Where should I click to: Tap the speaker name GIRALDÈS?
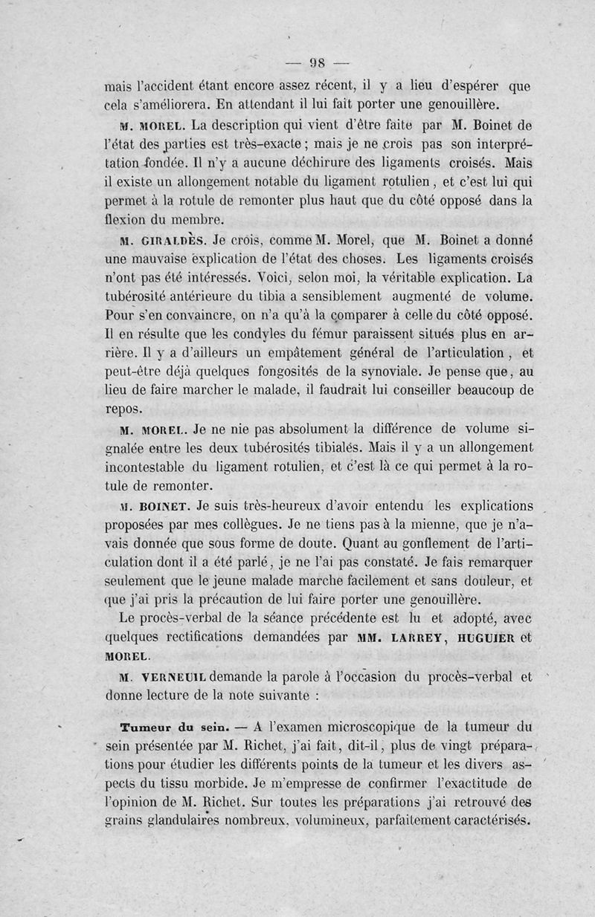[x=168, y=240]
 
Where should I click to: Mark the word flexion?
[x=128, y=220]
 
